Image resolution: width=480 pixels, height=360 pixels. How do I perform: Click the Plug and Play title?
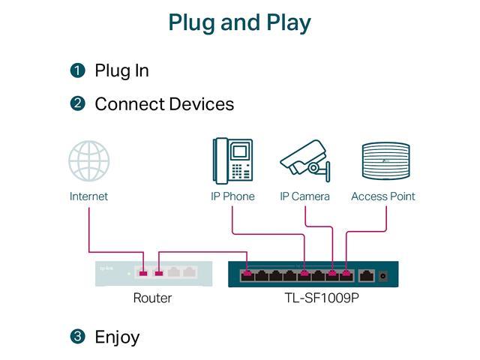[x=239, y=22]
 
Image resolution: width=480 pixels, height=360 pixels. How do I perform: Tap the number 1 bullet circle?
[x=77, y=70]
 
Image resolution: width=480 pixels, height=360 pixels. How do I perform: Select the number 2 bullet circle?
[x=77, y=103]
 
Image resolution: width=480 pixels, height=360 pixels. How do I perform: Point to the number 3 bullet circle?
[x=77, y=337]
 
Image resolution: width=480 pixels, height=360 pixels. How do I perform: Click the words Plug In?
[x=121, y=70]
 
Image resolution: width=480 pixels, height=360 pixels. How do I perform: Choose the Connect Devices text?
[x=164, y=103]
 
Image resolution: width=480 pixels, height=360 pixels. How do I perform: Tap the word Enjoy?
[x=117, y=337]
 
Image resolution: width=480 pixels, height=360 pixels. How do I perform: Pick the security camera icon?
[x=304, y=160]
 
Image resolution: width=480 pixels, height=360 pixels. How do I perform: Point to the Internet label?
[x=88, y=196]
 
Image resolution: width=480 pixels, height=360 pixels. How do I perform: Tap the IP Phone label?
[x=232, y=196]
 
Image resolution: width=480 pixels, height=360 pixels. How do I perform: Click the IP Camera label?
[x=304, y=196]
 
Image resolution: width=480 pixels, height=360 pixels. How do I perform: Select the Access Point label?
[x=383, y=196]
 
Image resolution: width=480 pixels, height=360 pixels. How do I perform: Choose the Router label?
[x=152, y=298]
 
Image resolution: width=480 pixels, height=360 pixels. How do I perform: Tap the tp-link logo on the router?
[x=107, y=268]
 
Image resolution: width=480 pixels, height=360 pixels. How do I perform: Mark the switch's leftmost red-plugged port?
[x=247, y=274]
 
